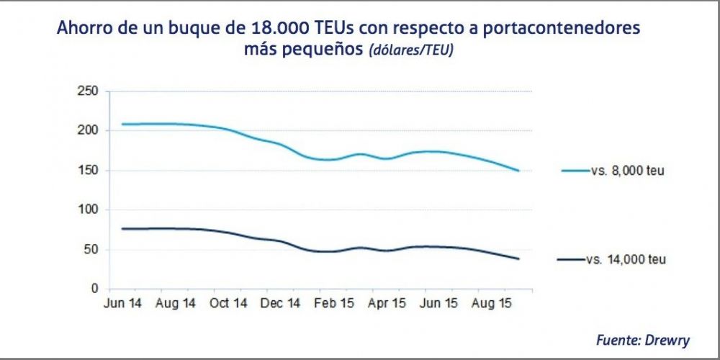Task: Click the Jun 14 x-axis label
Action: (x=122, y=304)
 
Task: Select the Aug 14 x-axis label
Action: (x=176, y=304)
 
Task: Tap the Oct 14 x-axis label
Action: (x=228, y=304)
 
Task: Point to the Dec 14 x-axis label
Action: (x=281, y=304)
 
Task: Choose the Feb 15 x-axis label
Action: (x=334, y=304)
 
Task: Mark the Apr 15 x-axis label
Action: (x=387, y=304)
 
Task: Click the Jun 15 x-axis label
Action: (x=440, y=304)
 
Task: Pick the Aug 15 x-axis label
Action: (x=492, y=304)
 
